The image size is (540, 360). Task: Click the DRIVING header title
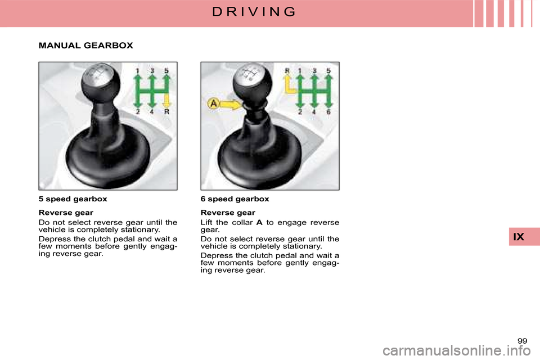click(x=254, y=12)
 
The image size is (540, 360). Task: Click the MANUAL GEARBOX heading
click(x=85, y=46)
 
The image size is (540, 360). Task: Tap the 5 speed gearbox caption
click(x=73, y=199)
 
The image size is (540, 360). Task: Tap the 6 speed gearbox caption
click(x=235, y=199)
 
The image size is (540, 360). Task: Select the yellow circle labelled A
click(x=214, y=103)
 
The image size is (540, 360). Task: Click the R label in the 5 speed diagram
click(x=166, y=111)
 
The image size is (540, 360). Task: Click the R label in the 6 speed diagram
click(x=287, y=71)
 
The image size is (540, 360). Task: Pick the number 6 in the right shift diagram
click(x=328, y=112)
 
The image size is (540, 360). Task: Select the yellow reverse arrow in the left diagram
click(x=166, y=99)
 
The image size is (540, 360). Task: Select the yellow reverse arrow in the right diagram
click(x=289, y=85)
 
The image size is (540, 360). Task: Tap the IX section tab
click(x=519, y=237)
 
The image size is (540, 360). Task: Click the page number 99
click(x=522, y=341)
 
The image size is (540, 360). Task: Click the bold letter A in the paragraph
click(x=259, y=222)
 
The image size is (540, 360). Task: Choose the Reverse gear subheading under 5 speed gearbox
click(x=66, y=213)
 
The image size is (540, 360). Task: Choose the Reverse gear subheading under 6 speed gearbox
click(x=228, y=213)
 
